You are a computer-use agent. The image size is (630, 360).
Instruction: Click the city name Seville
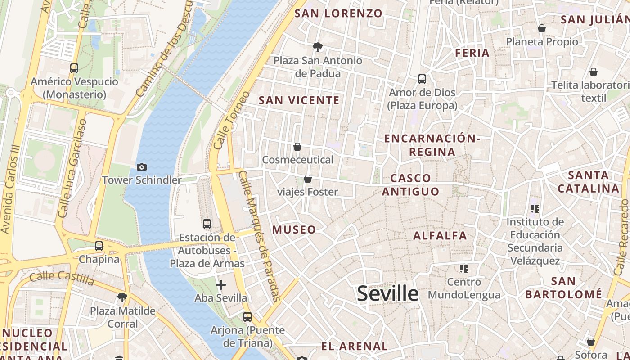[x=387, y=293]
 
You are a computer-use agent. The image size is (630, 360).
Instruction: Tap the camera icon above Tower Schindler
[x=142, y=167]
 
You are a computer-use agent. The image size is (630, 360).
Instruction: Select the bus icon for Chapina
[x=99, y=246]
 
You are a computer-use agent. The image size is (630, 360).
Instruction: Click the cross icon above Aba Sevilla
[x=220, y=285]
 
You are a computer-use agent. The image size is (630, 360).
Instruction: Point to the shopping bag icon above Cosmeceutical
[x=297, y=147]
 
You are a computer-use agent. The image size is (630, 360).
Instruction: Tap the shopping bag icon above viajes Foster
[x=308, y=179]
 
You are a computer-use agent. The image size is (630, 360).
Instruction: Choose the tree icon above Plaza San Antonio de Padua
[x=318, y=47]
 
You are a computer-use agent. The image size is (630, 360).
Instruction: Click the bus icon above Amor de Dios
[x=422, y=79]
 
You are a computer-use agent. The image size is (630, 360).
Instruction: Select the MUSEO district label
[x=294, y=229]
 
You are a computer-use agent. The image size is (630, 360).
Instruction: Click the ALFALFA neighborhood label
[x=440, y=235]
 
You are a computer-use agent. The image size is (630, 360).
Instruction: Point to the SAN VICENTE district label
[x=299, y=100]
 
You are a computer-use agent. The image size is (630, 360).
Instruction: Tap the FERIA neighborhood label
[x=472, y=53]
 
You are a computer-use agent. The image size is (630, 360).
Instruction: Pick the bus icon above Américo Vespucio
[x=74, y=68]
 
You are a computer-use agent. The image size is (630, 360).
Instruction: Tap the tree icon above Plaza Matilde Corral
[x=122, y=297]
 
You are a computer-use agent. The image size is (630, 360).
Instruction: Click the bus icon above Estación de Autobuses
[x=207, y=224]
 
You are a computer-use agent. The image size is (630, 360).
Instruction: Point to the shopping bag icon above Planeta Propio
[x=542, y=28]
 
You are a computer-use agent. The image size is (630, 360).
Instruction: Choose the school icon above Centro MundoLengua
[x=464, y=269]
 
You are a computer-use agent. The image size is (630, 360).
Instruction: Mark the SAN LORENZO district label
[x=338, y=13]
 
